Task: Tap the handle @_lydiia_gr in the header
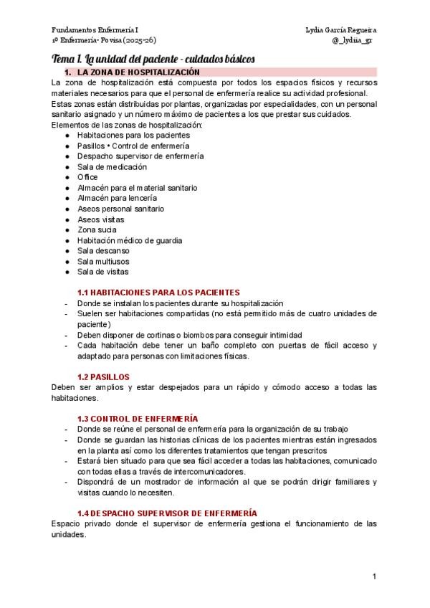pyautogui.click(x=352, y=40)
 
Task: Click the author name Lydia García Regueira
pyautogui.click(x=340, y=30)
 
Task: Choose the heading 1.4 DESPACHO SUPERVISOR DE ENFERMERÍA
pyautogui.click(x=167, y=513)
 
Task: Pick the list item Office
pyautogui.click(x=87, y=177)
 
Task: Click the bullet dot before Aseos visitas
pyautogui.click(x=67, y=219)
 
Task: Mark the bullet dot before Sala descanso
pyautogui.click(x=67, y=251)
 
